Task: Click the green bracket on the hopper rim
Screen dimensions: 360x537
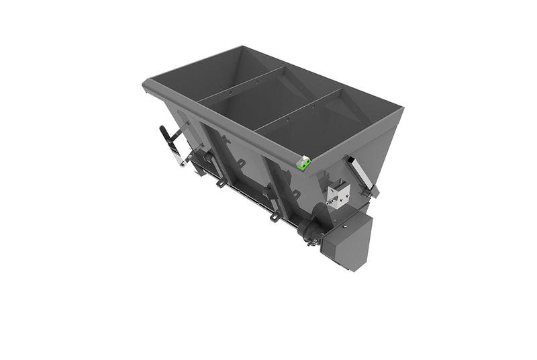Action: tap(303, 162)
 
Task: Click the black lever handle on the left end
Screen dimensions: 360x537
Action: tap(165, 137)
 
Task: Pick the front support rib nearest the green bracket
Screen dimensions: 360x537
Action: tap(275, 178)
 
